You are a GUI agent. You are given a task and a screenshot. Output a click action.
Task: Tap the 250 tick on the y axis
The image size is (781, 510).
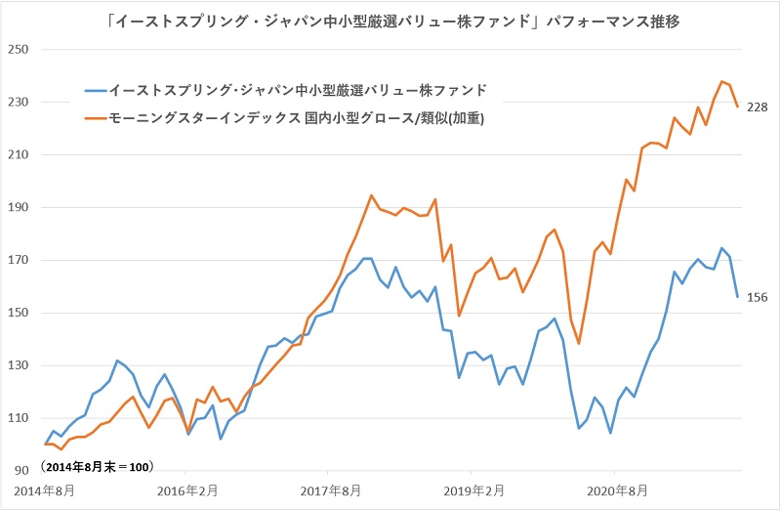point(21,50)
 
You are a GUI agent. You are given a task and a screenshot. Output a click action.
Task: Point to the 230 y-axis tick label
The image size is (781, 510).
point(21,103)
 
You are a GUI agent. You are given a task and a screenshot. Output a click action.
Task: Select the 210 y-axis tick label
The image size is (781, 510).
point(21,155)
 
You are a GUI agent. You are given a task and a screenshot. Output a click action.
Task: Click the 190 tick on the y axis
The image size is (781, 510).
point(21,208)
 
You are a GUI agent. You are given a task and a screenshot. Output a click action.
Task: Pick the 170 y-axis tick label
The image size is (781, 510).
point(21,261)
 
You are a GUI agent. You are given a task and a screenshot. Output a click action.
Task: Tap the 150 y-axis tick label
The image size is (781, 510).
point(21,314)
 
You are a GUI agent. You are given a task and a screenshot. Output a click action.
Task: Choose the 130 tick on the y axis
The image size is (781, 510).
point(21,366)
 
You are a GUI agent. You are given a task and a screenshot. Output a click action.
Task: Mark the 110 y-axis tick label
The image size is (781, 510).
point(21,418)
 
